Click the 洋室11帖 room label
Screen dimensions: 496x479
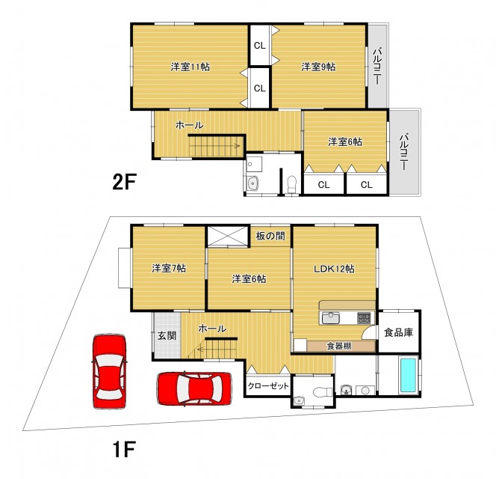190,67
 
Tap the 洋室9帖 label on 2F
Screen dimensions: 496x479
318,67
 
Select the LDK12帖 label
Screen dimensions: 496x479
334,269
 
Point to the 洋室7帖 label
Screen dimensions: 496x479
169,268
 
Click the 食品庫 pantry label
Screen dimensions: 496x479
399,332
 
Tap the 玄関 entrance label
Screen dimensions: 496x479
167,335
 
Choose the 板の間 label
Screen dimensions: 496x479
270,236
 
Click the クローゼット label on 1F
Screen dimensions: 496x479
268,385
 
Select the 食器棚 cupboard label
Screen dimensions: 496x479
339,346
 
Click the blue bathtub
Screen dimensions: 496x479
409,375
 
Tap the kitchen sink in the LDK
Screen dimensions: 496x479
331,318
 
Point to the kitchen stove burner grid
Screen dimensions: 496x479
364,318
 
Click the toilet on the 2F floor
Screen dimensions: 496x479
291,184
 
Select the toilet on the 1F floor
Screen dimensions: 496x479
323,392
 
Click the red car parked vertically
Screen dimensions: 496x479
109,371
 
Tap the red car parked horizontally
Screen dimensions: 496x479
194,389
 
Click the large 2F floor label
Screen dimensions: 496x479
124,182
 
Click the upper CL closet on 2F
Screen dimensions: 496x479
260,46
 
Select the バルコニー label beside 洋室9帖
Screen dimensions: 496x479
377,66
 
